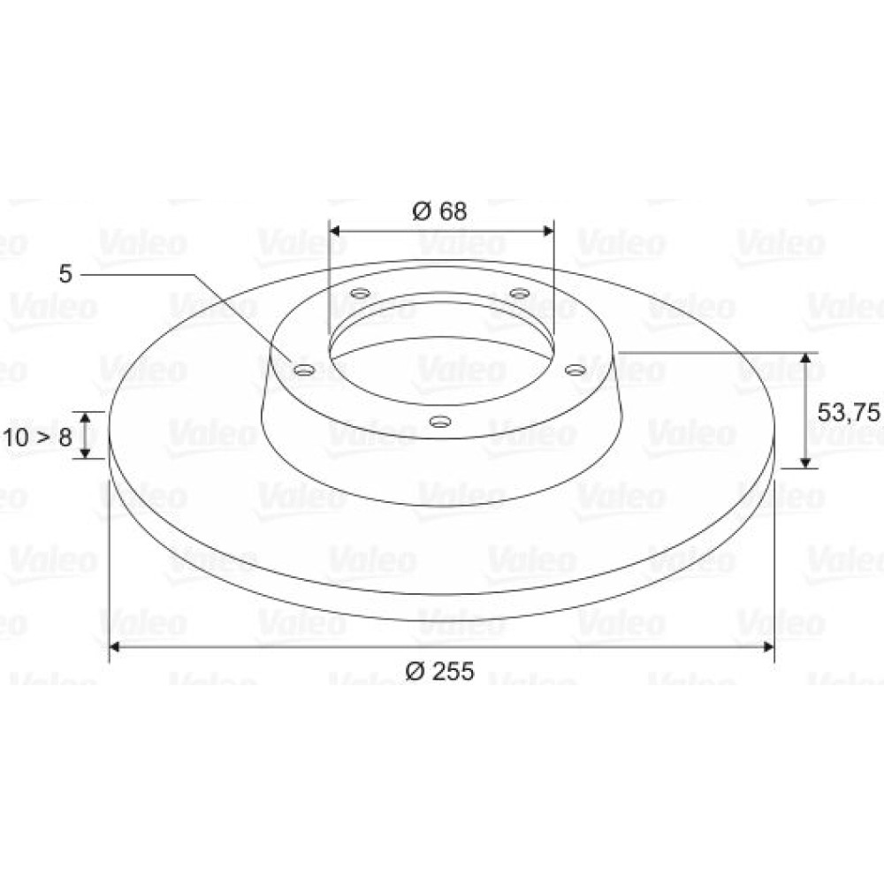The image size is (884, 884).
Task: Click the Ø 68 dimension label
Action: (439, 211)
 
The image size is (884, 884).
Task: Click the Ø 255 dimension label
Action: (440, 671)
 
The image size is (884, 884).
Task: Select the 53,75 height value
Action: (848, 413)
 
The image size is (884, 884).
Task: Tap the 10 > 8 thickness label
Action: (38, 437)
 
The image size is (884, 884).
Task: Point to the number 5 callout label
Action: (66, 274)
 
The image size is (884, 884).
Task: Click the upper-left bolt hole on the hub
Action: (360, 293)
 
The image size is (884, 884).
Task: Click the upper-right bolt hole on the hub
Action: (519, 293)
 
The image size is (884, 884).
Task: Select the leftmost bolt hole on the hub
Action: (305, 370)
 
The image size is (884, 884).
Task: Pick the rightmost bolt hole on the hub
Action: (575, 370)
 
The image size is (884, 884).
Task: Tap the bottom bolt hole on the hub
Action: (439, 421)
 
